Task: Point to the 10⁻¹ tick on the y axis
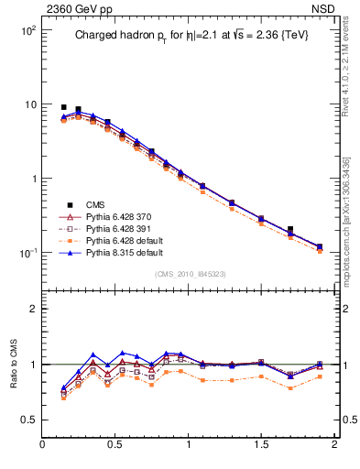click(x=27, y=253)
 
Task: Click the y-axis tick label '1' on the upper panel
click(x=33, y=179)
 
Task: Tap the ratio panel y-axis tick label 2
click(x=33, y=309)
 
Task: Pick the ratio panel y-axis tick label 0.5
click(x=29, y=420)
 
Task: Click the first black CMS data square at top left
click(x=64, y=107)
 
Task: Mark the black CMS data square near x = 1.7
click(x=290, y=229)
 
